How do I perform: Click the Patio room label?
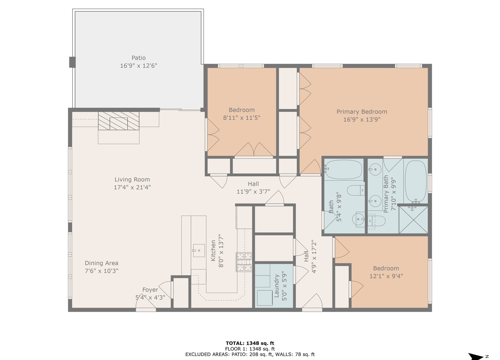pyautogui.click(x=138, y=58)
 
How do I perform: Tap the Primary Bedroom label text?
pyautogui.click(x=362, y=112)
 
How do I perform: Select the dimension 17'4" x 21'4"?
pyautogui.click(x=132, y=187)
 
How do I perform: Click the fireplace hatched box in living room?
pyautogui.click(x=118, y=121)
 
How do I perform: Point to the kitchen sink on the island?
pyautogui.click(x=199, y=250)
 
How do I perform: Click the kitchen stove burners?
pyautogui.click(x=244, y=262)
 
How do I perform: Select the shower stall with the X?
pyautogui.click(x=413, y=220)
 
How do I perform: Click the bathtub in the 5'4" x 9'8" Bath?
pyautogui.click(x=343, y=169)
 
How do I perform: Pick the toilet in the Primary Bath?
pyautogui.click(x=378, y=221)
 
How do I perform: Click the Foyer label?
pyautogui.click(x=150, y=290)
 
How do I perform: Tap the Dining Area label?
pyautogui.click(x=101, y=263)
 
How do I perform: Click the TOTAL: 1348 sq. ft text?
pyautogui.click(x=250, y=343)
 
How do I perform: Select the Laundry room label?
pyautogui.click(x=276, y=286)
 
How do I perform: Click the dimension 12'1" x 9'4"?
pyautogui.click(x=386, y=276)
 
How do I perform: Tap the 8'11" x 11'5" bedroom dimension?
pyautogui.click(x=241, y=118)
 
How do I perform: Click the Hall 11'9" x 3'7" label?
pyautogui.click(x=253, y=188)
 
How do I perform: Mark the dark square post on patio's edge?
pyautogui.click(x=72, y=62)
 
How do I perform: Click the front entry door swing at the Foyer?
pyautogui.click(x=145, y=303)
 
